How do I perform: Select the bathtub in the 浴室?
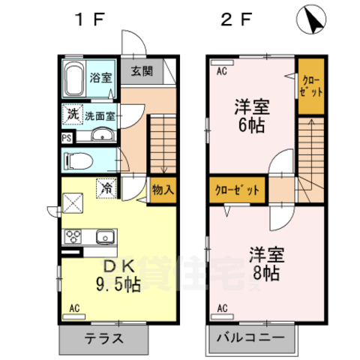[x=73, y=78]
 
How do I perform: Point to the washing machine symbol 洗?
[x=72, y=115]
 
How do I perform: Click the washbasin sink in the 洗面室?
[x=103, y=136]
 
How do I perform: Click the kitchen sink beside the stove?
[x=104, y=237]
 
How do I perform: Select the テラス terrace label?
[x=104, y=337]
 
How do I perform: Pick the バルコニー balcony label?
[x=250, y=337]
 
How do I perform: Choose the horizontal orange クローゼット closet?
[x=235, y=190]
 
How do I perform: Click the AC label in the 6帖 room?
[x=221, y=72]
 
